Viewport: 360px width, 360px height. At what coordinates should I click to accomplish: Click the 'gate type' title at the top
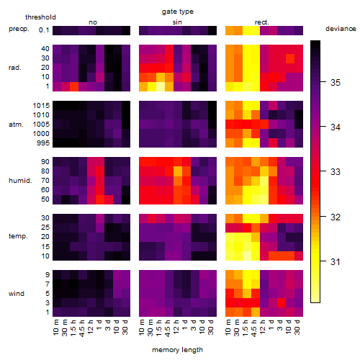click(178, 12)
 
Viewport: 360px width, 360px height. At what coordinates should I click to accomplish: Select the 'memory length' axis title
click(177, 350)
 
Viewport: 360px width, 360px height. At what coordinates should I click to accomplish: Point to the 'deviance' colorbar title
click(341, 29)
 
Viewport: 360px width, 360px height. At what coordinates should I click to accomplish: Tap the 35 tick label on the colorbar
click(336, 83)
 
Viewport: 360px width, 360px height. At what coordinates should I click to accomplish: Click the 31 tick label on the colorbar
click(336, 261)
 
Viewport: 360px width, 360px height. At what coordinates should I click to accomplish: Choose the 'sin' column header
click(177, 22)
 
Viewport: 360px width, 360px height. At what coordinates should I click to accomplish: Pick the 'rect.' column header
click(261, 22)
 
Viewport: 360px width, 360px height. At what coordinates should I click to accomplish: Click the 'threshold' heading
click(40, 17)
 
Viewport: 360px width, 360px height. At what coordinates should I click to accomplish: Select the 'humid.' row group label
click(20, 181)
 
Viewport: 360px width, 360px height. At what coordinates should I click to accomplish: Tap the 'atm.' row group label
click(16, 125)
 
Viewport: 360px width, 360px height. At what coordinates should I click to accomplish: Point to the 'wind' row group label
click(17, 294)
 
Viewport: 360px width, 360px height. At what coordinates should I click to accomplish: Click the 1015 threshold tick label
click(41, 106)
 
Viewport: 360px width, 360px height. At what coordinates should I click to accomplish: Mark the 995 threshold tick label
click(43, 143)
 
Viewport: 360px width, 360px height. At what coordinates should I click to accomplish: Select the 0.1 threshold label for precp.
click(44, 30)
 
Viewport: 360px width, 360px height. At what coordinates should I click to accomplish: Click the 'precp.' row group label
click(19, 29)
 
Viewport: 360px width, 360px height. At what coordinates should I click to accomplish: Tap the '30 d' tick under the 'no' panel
click(125, 327)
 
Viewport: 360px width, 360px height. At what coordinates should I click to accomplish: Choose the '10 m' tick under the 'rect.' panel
click(228, 327)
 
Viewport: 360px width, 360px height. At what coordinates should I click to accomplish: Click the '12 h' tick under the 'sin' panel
click(176, 327)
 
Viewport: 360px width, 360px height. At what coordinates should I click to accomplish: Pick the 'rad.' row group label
click(15, 68)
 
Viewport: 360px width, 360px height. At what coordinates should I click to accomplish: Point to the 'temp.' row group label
click(18, 236)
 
